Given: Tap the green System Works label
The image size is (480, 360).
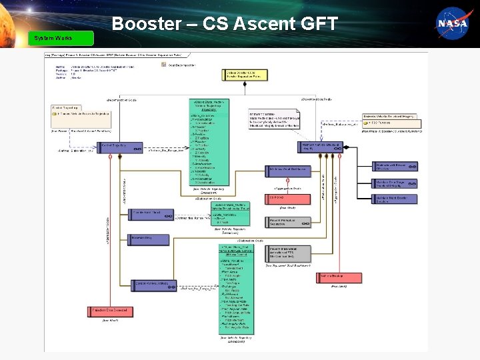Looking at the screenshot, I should coord(53,38).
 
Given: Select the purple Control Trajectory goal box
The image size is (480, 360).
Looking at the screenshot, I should coord(109,147).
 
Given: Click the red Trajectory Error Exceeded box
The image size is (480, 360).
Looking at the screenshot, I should coord(109,311).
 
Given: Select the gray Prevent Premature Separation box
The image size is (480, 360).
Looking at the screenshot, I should coord(285,221).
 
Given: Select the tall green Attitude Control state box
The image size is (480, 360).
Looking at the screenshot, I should coord(236,287).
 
